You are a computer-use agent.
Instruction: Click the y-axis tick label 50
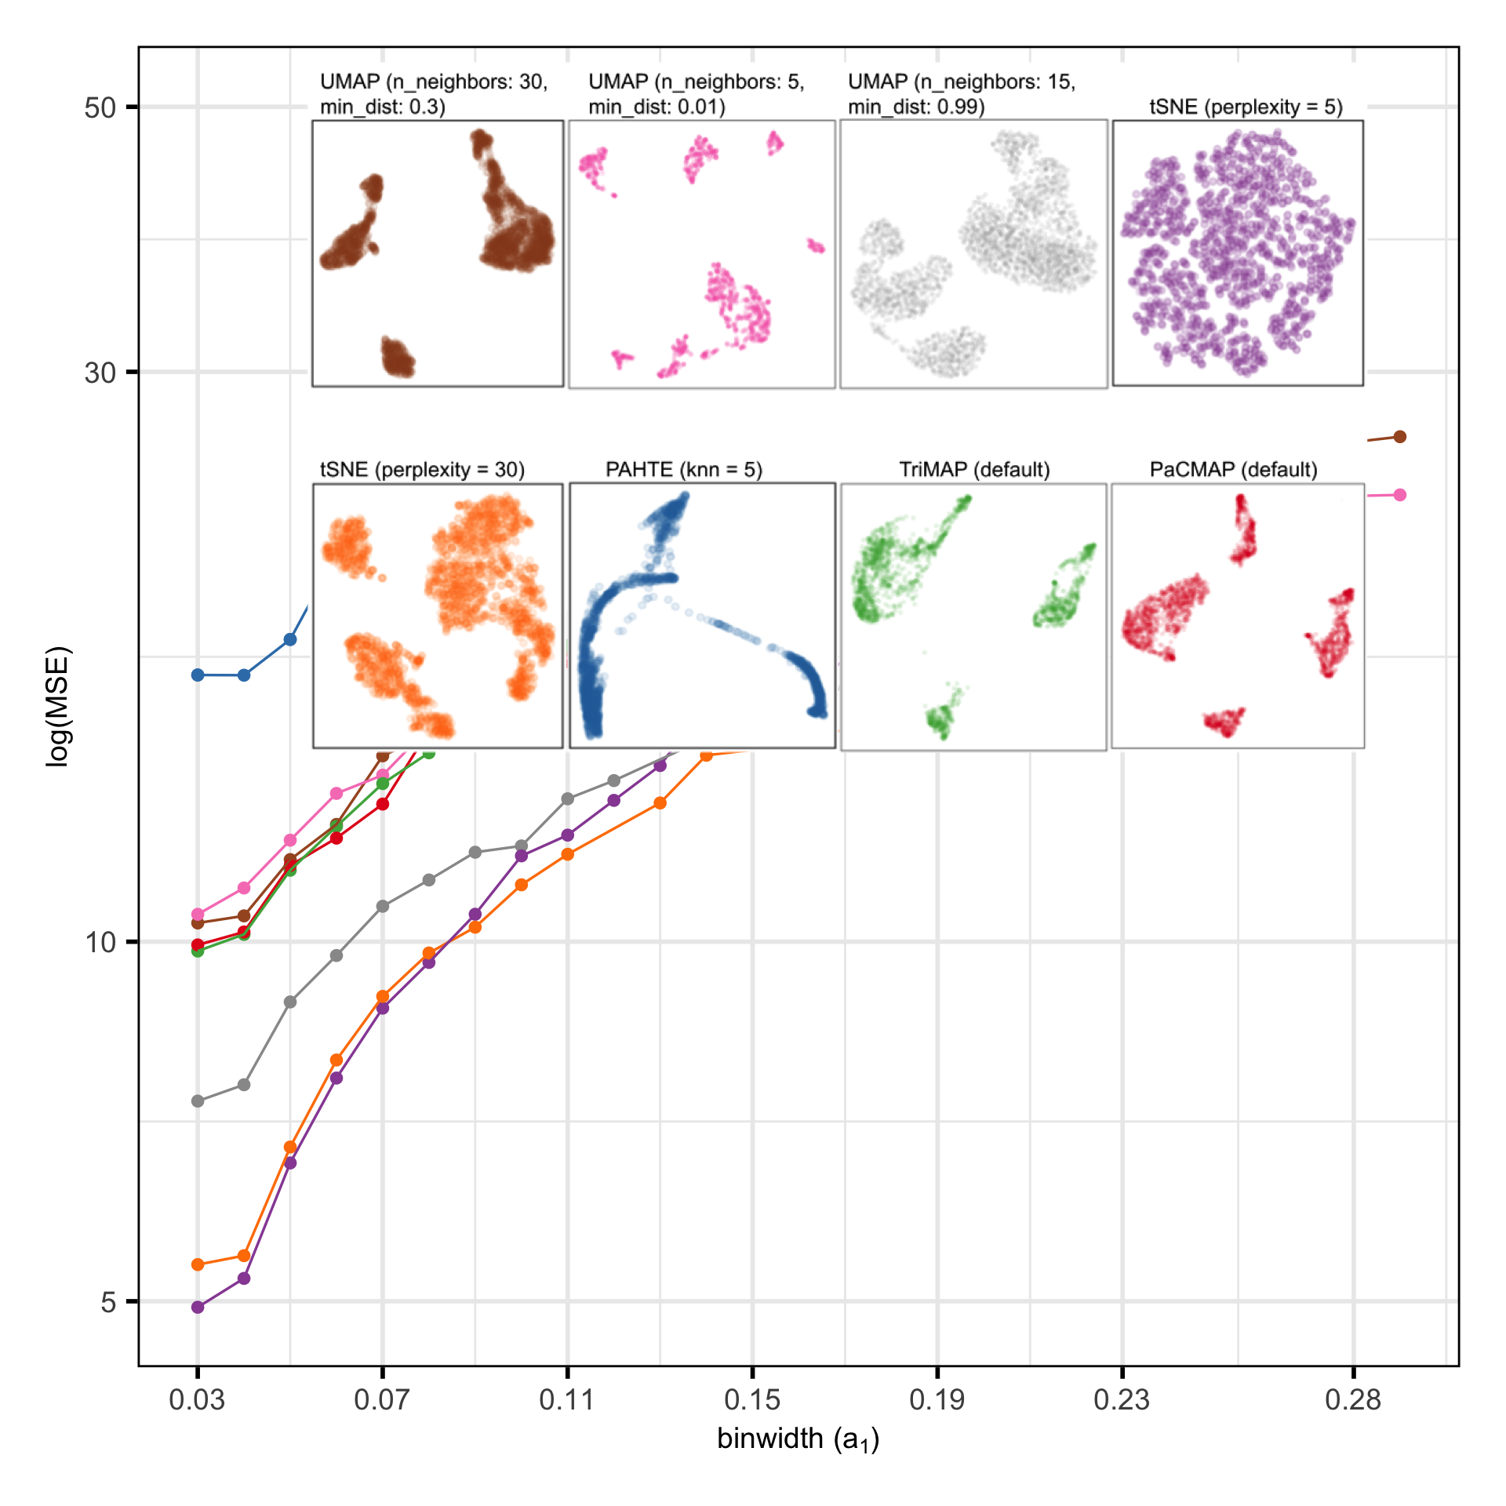click(100, 107)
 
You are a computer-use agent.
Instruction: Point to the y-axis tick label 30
click(100, 373)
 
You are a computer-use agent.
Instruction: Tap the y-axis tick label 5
click(109, 1302)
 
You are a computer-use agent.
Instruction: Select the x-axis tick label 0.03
click(197, 1400)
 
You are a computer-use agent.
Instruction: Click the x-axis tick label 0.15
click(752, 1400)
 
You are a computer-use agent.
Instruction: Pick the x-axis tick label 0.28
click(1353, 1400)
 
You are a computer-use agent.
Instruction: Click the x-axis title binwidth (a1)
click(798, 1439)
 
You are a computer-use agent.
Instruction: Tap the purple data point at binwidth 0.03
click(198, 1308)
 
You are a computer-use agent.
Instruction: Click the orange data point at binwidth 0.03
click(198, 1264)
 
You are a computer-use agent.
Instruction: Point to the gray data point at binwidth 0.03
click(198, 1101)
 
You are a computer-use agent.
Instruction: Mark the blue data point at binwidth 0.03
click(198, 675)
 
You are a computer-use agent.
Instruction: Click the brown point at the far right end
click(1400, 437)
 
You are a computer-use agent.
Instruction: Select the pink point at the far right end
click(1400, 495)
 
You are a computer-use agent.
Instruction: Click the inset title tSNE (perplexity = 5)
click(1246, 107)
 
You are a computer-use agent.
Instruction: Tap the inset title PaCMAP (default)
click(1233, 470)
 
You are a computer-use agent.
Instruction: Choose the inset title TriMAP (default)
click(974, 470)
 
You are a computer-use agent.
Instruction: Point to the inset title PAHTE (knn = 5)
click(683, 470)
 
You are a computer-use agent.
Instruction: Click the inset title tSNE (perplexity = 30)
click(422, 470)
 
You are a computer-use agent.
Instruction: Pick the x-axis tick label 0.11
click(567, 1400)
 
